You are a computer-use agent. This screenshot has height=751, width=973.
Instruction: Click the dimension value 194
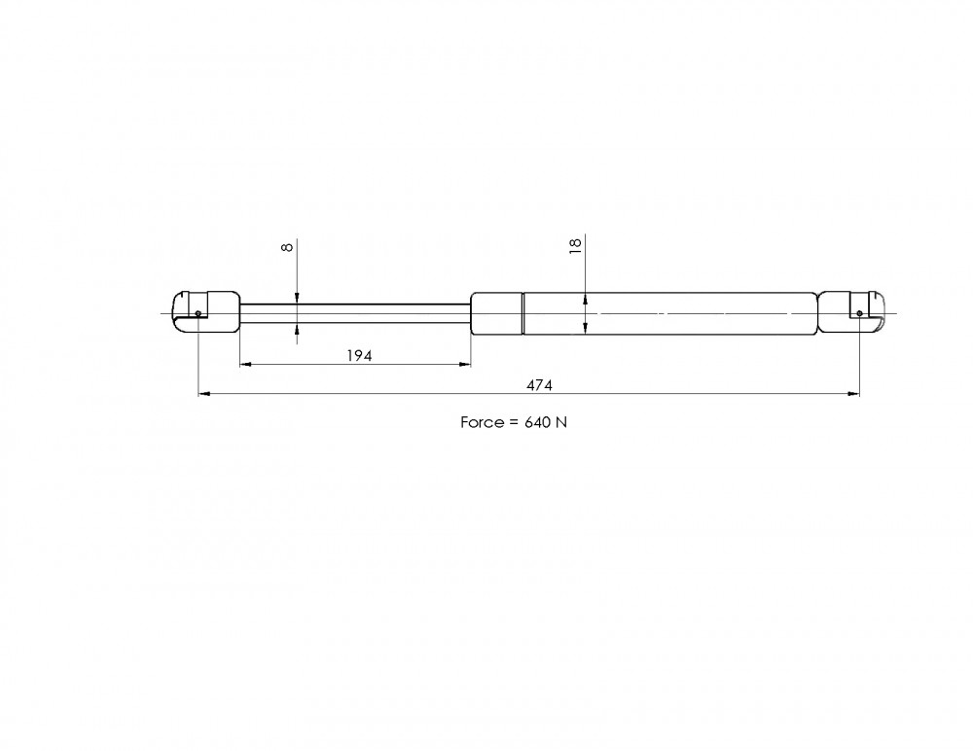click(x=359, y=356)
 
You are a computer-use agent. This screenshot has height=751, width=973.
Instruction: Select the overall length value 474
click(x=539, y=385)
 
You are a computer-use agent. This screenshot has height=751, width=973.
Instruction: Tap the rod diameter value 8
click(x=287, y=247)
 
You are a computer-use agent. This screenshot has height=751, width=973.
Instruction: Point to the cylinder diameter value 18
click(x=575, y=243)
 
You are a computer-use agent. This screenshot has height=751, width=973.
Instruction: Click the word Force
click(x=483, y=422)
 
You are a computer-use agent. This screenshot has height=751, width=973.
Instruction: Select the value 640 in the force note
click(x=537, y=422)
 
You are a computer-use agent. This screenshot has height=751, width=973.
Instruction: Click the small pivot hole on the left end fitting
click(x=198, y=313)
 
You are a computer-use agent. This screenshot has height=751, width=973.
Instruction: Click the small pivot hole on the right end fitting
click(x=859, y=313)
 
